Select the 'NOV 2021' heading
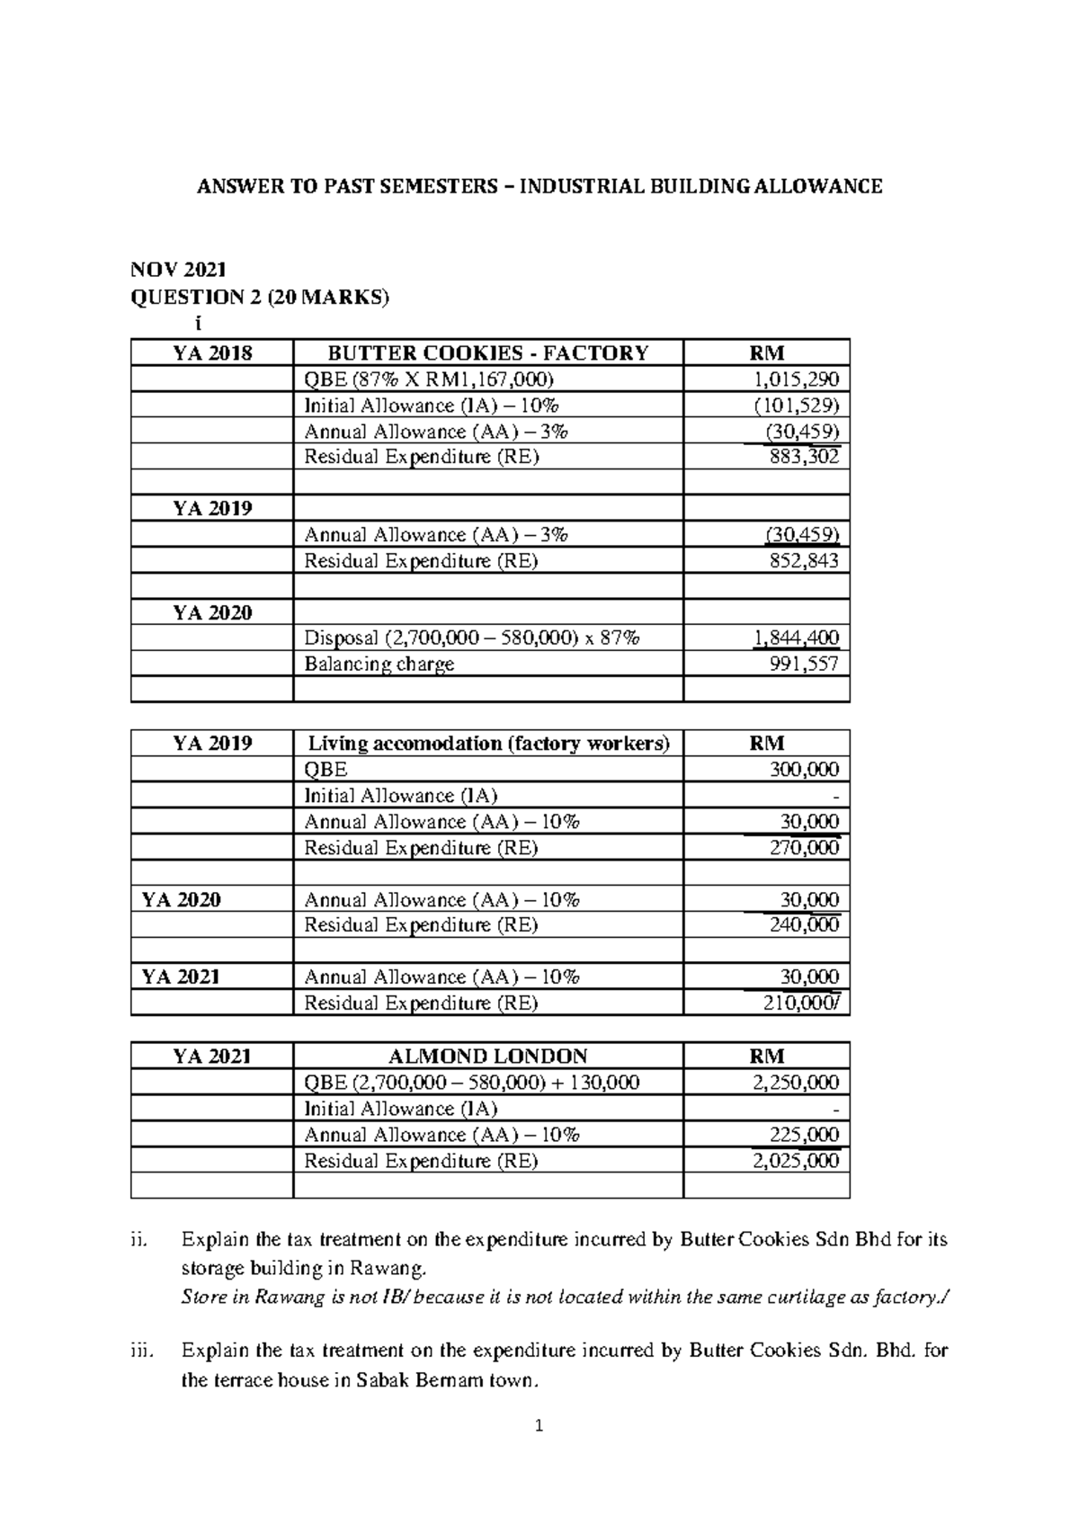click(x=179, y=269)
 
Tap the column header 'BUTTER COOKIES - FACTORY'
click(x=487, y=352)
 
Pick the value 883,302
click(x=804, y=457)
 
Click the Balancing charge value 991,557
click(x=804, y=664)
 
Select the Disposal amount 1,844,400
click(x=797, y=638)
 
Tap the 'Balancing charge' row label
click(x=379, y=664)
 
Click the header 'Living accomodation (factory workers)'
click(x=488, y=744)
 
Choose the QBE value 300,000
click(x=804, y=770)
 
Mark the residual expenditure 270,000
click(x=804, y=848)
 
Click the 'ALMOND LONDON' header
click(x=487, y=1057)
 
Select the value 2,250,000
click(x=797, y=1083)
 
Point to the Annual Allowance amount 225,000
click(x=804, y=1135)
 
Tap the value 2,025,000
click(x=797, y=1161)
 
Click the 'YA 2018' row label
click(x=212, y=352)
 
